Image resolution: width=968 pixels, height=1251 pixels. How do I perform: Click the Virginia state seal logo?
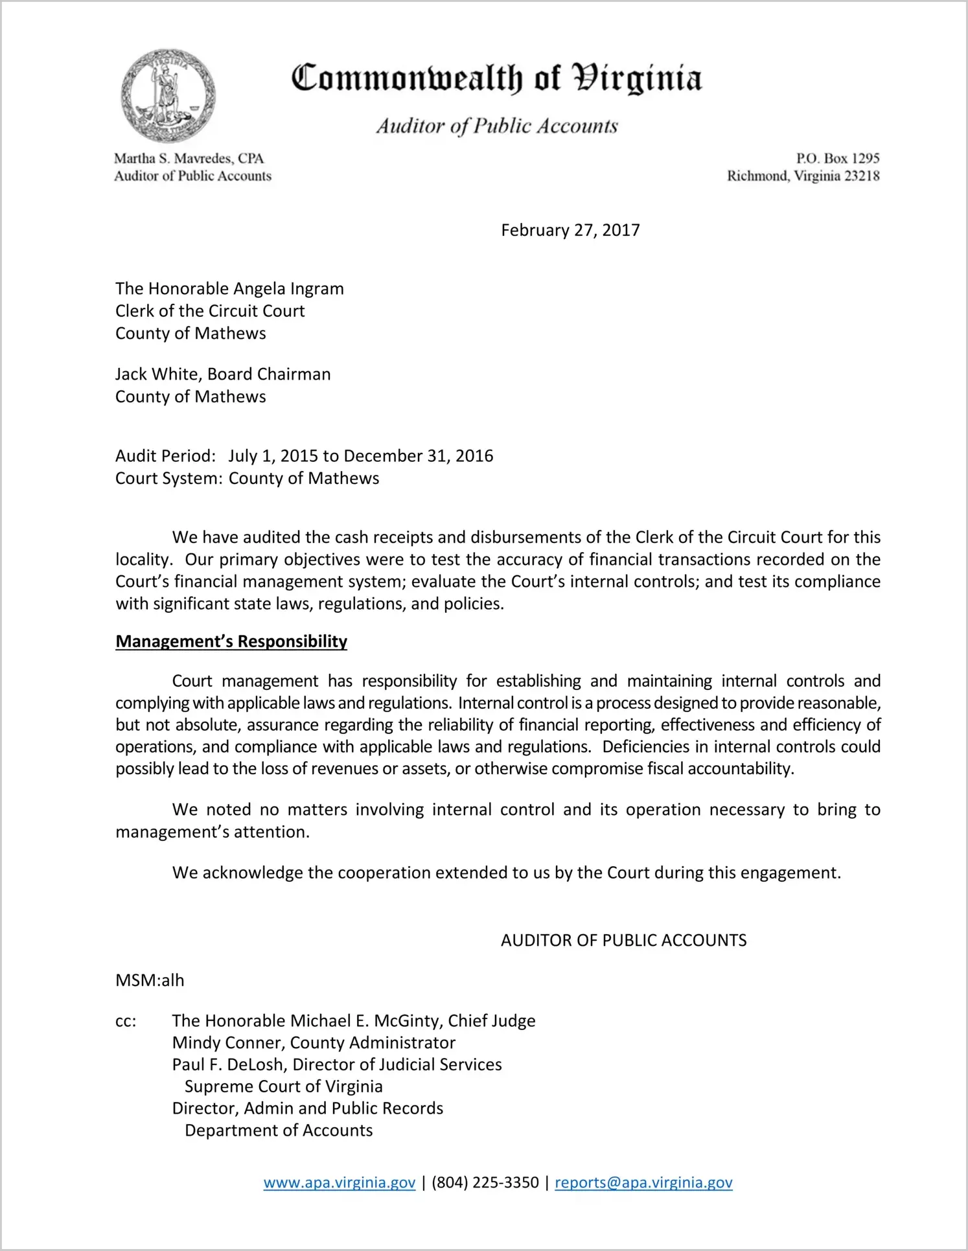[168, 96]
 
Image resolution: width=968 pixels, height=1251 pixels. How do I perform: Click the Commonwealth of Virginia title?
[496, 79]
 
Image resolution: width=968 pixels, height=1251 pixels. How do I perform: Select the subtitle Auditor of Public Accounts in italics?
[497, 126]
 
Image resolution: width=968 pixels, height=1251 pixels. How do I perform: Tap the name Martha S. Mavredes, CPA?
[189, 158]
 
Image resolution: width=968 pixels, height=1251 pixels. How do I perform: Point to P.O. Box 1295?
[837, 158]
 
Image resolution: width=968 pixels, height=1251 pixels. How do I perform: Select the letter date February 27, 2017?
[570, 231]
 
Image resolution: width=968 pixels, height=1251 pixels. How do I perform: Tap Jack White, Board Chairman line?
[223, 374]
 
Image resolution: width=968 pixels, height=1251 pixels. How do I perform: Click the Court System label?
[169, 479]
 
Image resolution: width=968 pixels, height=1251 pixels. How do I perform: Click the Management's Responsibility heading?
[231, 641]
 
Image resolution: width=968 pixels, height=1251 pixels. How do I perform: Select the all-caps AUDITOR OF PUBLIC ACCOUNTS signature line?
[623, 941]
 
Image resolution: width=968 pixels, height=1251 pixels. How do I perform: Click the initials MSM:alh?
[150, 980]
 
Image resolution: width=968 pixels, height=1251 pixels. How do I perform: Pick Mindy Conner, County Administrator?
[314, 1043]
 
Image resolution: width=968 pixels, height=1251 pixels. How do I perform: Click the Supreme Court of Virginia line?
[283, 1086]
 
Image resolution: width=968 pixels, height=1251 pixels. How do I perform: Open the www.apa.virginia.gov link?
[339, 1182]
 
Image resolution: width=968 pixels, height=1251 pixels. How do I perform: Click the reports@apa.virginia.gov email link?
[643, 1182]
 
